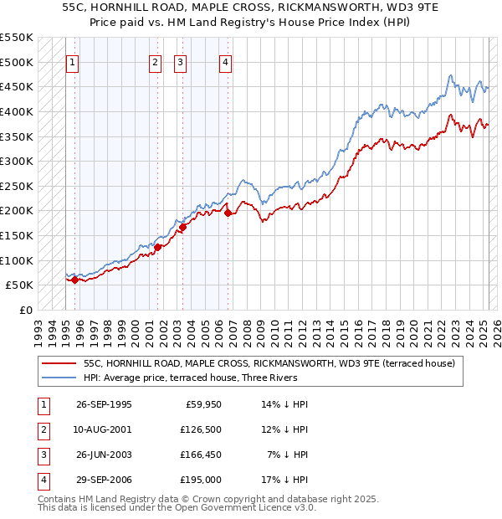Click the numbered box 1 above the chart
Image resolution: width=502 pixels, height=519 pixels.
point(72,61)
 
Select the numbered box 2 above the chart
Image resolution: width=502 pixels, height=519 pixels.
point(156,61)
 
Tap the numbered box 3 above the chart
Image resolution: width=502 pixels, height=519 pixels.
point(181,61)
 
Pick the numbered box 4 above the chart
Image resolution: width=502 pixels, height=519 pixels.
point(226,61)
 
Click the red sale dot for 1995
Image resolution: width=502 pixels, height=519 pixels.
point(74,280)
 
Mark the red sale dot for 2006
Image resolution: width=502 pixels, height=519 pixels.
point(227,213)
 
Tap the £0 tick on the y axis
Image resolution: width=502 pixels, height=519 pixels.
point(28,310)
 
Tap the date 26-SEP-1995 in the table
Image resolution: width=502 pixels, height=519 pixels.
point(104,405)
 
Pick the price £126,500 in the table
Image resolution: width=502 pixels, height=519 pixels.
point(201,429)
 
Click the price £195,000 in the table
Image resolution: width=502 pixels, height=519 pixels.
point(201,480)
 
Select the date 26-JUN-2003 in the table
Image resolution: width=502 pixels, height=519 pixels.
point(104,455)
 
